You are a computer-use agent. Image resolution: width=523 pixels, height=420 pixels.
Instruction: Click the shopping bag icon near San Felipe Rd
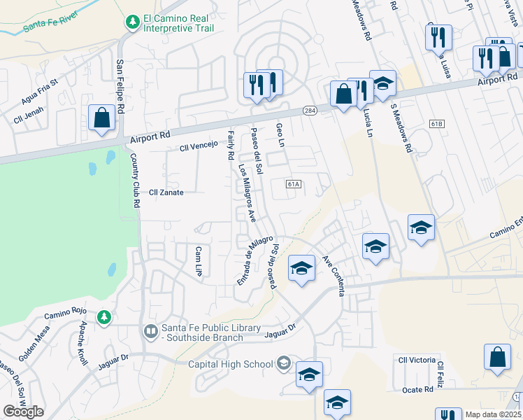(x=102, y=118)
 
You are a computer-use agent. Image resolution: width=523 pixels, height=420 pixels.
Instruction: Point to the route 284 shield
(x=310, y=111)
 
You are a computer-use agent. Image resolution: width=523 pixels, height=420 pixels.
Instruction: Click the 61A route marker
(x=294, y=184)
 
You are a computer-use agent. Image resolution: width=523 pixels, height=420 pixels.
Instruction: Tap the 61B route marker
(x=438, y=124)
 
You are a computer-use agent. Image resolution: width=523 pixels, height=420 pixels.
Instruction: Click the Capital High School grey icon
(x=283, y=363)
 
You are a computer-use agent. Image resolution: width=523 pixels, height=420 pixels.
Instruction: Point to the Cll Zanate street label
(x=166, y=192)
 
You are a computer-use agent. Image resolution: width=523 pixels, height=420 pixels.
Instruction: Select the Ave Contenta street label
(x=333, y=275)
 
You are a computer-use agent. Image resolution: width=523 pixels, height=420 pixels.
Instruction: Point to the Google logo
(x=23, y=412)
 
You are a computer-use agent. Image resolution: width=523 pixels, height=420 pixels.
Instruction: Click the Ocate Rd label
(x=417, y=390)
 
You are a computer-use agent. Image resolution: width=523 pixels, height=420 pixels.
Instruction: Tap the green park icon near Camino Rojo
(x=104, y=318)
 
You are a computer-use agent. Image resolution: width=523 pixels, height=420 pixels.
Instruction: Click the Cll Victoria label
(x=417, y=360)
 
